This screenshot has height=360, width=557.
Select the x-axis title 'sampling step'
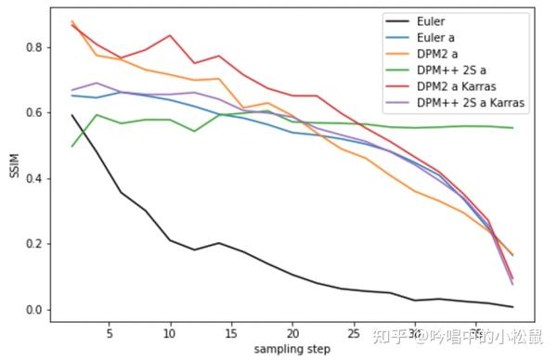(x=291, y=350)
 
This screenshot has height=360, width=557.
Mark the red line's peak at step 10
(x=170, y=35)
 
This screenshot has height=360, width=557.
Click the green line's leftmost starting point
(x=72, y=146)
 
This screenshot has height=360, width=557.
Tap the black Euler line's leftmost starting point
(x=72, y=115)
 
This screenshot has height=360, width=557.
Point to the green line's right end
(x=512, y=128)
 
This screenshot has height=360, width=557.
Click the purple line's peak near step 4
(x=97, y=83)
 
